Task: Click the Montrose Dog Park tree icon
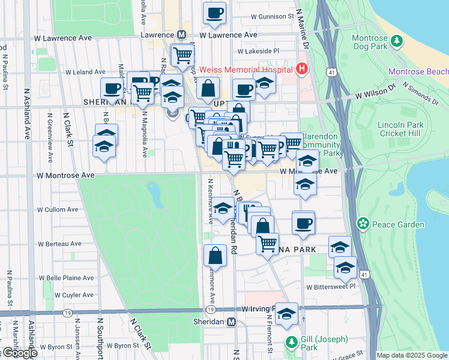point(396,40)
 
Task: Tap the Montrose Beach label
point(418,71)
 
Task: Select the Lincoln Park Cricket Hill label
point(400,129)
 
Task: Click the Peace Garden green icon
point(363,224)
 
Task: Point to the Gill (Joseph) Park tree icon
point(291,342)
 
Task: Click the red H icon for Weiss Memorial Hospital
point(301,69)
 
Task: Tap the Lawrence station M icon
point(181,35)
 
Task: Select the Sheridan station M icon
point(231,322)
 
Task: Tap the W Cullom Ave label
point(58,210)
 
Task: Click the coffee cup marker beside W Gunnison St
point(214,13)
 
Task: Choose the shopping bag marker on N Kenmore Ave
point(215,256)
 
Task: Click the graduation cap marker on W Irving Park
point(287,314)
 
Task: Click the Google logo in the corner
point(19,353)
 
